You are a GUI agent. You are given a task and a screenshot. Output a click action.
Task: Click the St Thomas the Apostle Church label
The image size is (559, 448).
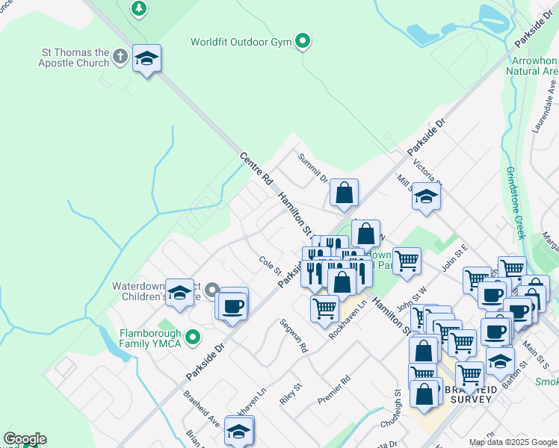(x=75, y=57)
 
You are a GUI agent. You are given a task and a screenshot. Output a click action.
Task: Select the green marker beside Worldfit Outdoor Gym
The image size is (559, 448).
(x=303, y=41)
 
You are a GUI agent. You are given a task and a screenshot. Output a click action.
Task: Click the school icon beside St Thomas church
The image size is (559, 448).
(x=147, y=58)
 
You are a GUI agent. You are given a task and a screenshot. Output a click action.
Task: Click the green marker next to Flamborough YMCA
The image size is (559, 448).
(x=194, y=337)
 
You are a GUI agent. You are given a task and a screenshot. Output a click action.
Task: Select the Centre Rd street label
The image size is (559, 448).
(x=256, y=169)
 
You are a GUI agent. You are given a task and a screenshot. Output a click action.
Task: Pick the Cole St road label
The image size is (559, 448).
(x=269, y=264)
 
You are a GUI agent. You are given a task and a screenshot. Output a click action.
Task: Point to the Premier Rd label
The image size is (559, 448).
(x=334, y=389)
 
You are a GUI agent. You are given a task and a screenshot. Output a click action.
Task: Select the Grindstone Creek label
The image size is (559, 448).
(x=515, y=202)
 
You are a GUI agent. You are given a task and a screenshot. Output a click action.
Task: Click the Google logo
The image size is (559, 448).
(x=25, y=439)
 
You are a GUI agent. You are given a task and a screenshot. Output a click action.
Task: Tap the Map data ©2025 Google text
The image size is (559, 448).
(x=513, y=442)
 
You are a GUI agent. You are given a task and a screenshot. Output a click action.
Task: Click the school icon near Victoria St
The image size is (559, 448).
(x=426, y=197)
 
